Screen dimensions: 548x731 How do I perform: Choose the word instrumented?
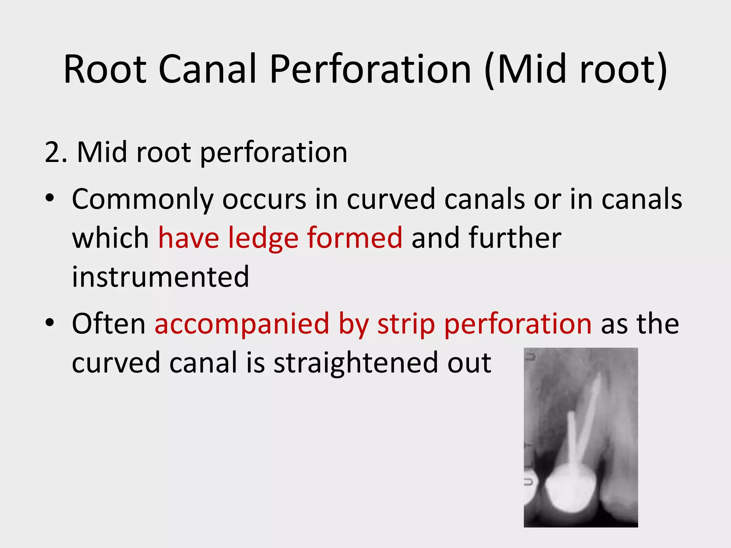tap(161, 277)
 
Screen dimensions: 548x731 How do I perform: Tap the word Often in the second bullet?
tap(109, 324)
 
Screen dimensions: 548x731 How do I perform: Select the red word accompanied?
tap(242, 324)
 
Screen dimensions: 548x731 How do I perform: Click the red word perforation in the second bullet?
tap(518, 324)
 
